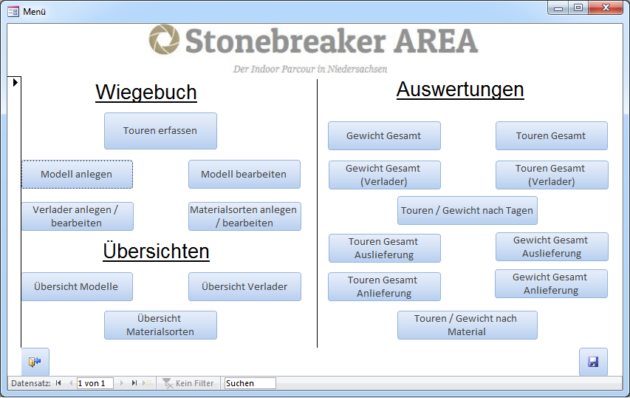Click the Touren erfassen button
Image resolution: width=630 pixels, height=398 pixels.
pos(160,131)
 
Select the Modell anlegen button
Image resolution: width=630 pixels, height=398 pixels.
pos(77,175)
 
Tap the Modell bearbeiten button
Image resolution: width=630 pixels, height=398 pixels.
pos(244,175)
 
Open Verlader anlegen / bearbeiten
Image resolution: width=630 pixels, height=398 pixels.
pos(77,216)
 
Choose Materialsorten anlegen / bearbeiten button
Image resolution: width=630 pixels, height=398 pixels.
pos(244,216)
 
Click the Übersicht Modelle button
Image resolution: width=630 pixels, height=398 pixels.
pos(77,286)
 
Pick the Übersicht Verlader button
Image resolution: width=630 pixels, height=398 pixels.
pos(244,286)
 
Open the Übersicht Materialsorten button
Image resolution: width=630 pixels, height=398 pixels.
pos(160,325)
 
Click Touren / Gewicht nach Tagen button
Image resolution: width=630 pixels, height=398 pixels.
pos(467,211)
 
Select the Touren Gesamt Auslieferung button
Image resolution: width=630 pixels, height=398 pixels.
pos(385,248)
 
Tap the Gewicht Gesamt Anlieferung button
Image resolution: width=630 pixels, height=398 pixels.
pos(551,284)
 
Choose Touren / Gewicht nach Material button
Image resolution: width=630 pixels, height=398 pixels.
pos(467,325)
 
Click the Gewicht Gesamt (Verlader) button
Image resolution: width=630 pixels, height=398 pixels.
pos(385,175)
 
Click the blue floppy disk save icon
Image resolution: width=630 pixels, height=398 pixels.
pos(593,362)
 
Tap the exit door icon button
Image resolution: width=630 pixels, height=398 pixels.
pos(35,362)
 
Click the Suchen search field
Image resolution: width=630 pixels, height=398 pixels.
pos(250,383)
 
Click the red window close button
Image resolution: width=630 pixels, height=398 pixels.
pos(606,7)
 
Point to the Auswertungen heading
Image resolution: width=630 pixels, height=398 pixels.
pos(460,90)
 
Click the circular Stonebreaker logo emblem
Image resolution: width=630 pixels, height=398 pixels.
pos(164,39)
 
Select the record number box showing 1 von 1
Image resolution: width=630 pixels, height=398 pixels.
pos(95,383)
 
